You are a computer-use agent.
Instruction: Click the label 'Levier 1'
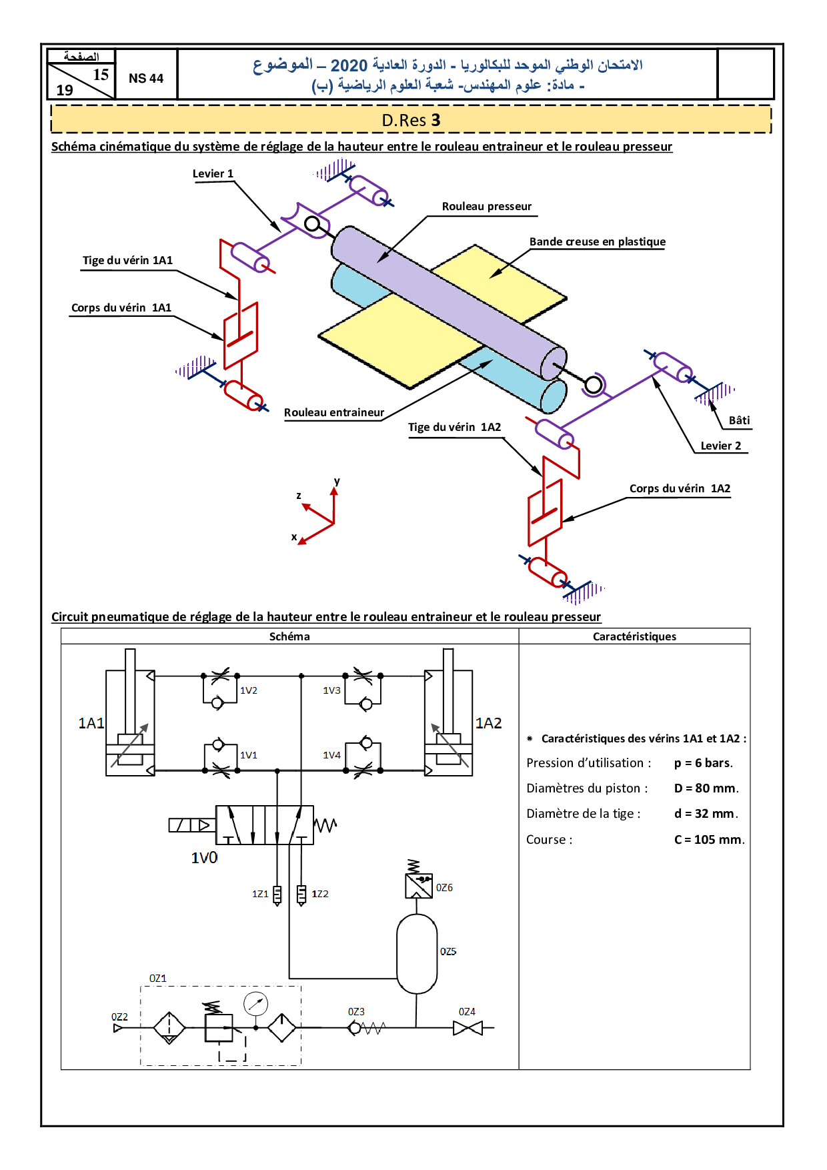tap(213, 173)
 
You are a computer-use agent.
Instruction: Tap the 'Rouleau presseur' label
tap(487, 206)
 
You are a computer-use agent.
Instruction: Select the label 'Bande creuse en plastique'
tap(598, 241)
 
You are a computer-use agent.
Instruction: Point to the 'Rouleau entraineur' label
tap(334, 412)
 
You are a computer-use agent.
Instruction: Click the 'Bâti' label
tap(739, 420)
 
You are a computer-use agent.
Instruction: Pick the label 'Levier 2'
tap(721, 446)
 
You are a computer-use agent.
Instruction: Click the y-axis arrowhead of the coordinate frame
tap(334, 491)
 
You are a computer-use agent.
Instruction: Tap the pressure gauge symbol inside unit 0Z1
tap(255, 1003)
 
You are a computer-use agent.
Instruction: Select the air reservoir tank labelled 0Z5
tap(417, 954)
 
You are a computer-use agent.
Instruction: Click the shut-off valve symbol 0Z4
tap(468, 1029)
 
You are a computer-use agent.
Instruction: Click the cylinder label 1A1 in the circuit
tap(91, 723)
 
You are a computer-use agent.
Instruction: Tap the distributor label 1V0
tap(204, 858)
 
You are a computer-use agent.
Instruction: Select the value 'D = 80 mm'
tap(706, 788)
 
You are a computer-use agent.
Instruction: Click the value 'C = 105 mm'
tap(710, 839)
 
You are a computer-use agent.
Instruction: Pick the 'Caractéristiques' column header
tap(634, 636)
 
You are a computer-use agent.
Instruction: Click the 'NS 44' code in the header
tap(146, 78)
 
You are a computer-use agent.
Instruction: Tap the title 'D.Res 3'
tap(411, 120)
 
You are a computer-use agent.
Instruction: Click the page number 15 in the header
tap(101, 75)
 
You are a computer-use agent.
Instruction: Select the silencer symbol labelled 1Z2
tap(301, 894)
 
